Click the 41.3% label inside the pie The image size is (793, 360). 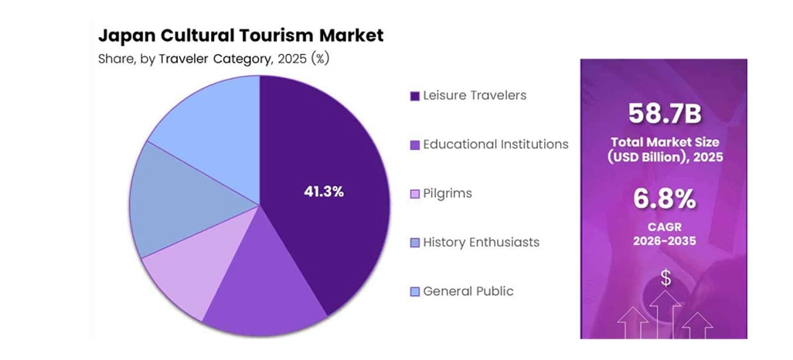click(x=323, y=192)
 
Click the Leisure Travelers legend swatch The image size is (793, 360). click(x=415, y=96)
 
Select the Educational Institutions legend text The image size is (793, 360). click(x=495, y=144)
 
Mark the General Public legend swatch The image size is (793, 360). click(x=415, y=292)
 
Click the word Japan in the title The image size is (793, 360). click(x=124, y=36)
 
